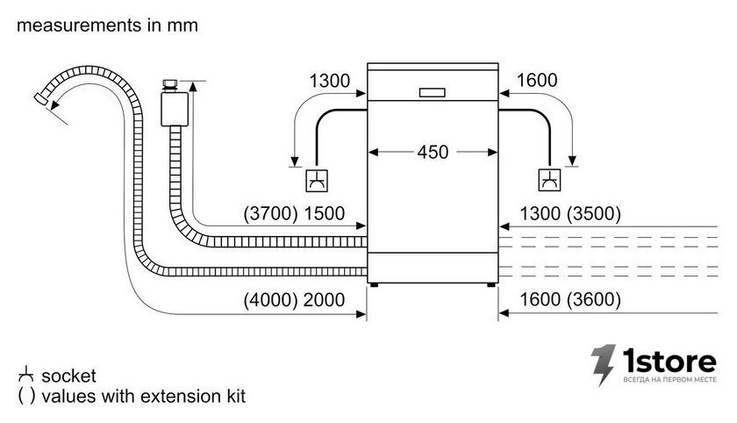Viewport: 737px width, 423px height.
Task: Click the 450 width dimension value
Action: [433, 152]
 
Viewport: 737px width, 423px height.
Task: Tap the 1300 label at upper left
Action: [330, 81]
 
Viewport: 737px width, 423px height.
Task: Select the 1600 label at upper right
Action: [537, 81]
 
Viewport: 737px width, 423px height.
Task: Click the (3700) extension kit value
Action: [271, 213]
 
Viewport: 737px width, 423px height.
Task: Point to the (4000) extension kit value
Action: [271, 299]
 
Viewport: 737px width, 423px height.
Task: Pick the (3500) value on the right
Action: [594, 213]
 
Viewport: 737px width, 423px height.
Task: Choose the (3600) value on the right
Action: [594, 299]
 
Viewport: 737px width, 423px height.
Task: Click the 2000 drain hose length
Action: [325, 299]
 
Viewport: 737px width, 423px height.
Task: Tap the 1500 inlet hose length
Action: [325, 213]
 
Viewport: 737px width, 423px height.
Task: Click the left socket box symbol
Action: [317, 181]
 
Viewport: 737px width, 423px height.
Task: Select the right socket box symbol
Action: [549, 180]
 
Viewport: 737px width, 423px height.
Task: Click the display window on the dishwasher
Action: [432, 93]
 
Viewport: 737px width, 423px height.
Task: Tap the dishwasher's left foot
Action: [374, 285]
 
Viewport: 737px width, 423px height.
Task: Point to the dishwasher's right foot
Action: [490, 285]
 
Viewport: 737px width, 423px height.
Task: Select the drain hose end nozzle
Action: [40, 98]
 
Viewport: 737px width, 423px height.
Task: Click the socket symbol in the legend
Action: [25, 375]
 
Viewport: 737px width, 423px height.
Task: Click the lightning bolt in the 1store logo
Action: [603, 365]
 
